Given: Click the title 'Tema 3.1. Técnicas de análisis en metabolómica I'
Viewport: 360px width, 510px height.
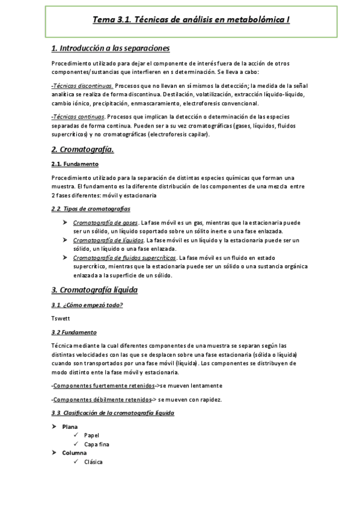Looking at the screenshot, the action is click(191, 19).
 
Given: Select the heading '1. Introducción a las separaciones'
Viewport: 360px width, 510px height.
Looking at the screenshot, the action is click(111, 48).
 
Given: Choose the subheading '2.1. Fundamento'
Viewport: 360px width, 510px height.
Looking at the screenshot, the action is click(75, 164).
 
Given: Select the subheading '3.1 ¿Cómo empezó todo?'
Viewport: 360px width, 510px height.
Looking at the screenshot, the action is click(87, 305).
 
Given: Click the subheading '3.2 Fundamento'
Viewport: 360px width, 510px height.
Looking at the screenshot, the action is click(74, 332).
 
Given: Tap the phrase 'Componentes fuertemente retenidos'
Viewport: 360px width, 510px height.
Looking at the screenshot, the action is click(103, 386).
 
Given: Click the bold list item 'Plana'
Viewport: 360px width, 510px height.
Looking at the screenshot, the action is click(70, 427).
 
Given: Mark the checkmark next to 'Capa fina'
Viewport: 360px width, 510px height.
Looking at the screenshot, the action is click(76, 444).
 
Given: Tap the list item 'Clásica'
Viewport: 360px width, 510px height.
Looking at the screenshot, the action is click(93, 462).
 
